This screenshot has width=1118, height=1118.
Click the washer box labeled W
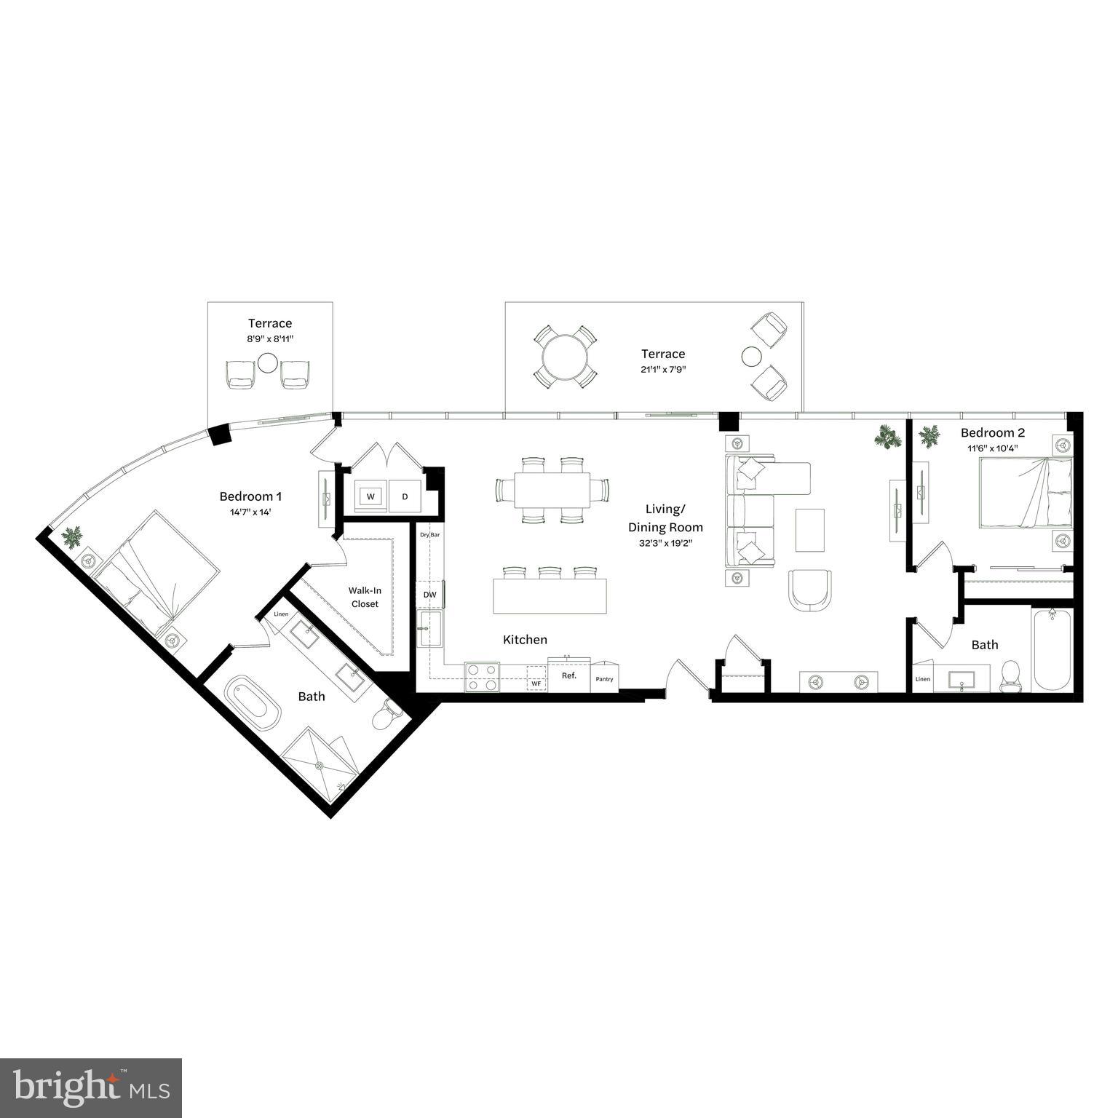(x=370, y=496)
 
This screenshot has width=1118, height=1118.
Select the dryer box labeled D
(x=405, y=496)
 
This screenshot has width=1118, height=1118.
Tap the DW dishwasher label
(x=430, y=595)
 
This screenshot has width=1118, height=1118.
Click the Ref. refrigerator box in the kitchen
(x=568, y=676)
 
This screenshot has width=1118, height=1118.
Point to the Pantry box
(x=604, y=678)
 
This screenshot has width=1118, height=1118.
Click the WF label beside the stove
(x=536, y=684)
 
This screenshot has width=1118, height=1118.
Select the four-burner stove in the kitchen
(x=482, y=677)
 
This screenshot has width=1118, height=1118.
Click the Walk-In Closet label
(x=365, y=598)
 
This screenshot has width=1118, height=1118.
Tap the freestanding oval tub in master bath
(x=253, y=704)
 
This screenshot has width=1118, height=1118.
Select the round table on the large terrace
(x=566, y=357)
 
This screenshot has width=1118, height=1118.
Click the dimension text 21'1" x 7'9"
(x=663, y=370)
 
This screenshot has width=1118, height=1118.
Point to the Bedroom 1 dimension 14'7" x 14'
(x=250, y=512)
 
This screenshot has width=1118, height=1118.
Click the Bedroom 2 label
(x=992, y=432)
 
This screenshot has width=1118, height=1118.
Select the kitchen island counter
(x=550, y=596)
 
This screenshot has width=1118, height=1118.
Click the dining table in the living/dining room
(x=552, y=491)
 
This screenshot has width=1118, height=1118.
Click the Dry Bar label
(x=430, y=534)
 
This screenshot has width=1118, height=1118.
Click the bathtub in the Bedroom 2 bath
(x=1052, y=650)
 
